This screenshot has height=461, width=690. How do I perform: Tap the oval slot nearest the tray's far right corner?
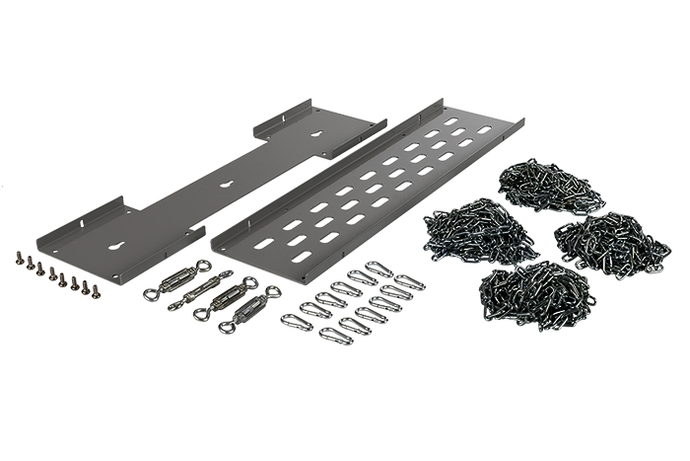pyautogui.click(x=483, y=129)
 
